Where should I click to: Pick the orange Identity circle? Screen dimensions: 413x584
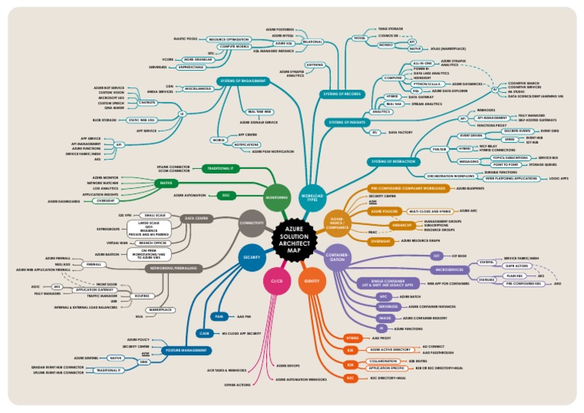point(311,281)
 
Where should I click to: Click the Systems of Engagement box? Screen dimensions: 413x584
point(243,80)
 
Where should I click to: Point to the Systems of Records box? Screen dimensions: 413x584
point(341,94)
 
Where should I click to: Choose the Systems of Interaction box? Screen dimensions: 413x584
point(394,161)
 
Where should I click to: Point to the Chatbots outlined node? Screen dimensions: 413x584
point(148,102)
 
